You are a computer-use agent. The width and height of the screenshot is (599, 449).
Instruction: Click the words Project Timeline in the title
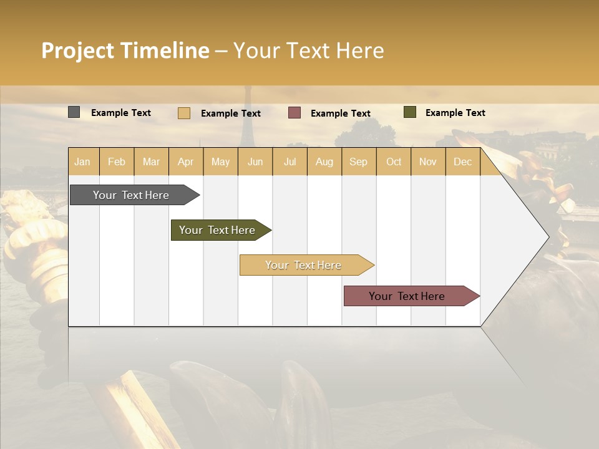[125, 51]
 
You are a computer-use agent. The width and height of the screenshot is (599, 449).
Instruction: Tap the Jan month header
[82, 162]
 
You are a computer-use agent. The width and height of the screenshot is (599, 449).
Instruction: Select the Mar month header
[151, 162]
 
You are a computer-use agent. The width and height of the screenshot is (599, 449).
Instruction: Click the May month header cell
[220, 162]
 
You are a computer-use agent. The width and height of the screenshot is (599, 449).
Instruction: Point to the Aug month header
[324, 162]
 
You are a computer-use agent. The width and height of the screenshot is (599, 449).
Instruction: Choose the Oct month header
[394, 162]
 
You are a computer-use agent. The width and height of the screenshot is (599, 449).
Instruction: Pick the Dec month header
[462, 162]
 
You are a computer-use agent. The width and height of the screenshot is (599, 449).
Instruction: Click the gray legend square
[74, 112]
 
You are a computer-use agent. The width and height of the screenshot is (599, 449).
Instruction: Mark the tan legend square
[183, 113]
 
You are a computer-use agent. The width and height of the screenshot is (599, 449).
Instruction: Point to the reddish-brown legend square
[295, 113]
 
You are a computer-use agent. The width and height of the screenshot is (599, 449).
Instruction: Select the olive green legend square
[409, 112]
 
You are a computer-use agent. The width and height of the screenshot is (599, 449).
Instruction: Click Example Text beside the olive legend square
[455, 112]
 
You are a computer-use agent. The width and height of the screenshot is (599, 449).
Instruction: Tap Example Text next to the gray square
[120, 112]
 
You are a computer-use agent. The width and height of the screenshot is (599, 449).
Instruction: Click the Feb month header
[117, 162]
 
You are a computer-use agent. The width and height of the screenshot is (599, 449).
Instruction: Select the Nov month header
[428, 162]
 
